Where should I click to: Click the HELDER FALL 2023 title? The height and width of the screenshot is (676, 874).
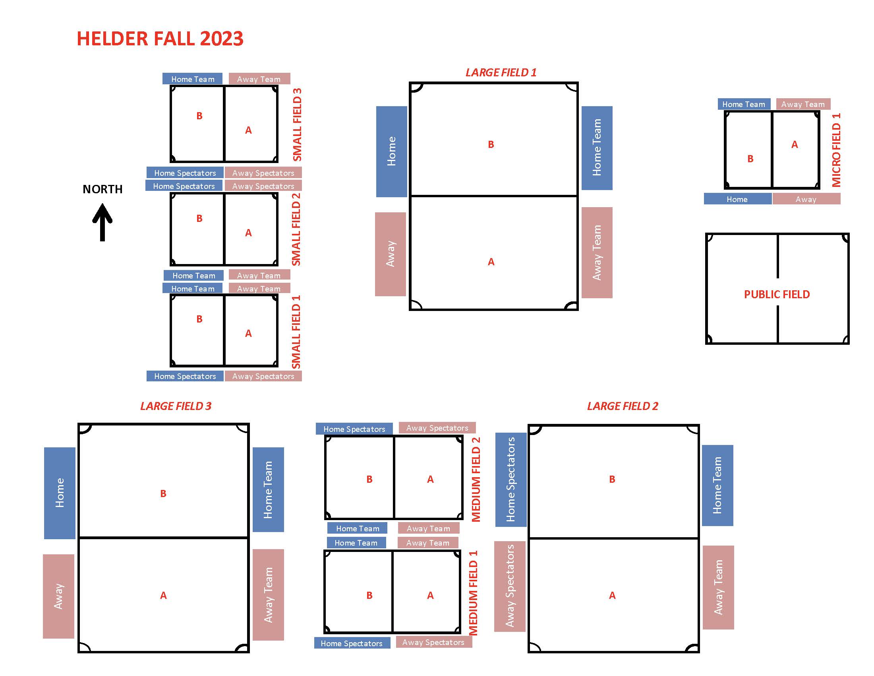[x=160, y=39]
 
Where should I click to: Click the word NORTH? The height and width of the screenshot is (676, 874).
[x=102, y=189]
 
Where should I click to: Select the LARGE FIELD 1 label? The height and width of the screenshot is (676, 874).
[x=501, y=72]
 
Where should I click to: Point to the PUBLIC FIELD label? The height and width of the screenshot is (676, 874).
[x=777, y=294]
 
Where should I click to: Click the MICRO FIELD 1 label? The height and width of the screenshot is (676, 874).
[x=836, y=150]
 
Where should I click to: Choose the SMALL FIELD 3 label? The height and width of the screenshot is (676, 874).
[x=297, y=124]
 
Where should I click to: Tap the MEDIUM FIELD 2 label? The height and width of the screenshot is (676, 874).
[x=476, y=480]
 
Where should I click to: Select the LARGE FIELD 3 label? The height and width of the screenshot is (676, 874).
[x=176, y=406]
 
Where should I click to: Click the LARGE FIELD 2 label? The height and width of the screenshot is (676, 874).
[x=622, y=406]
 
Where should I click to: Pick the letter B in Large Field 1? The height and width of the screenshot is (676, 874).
[x=491, y=145]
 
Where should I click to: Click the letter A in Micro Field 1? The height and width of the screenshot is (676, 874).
[x=795, y=145]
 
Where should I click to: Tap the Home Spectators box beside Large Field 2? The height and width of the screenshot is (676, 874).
[x=510, y=480]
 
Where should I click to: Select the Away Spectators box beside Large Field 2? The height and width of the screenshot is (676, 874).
[x=509, y=586]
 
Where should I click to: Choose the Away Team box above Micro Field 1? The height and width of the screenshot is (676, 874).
[x=803, y=104]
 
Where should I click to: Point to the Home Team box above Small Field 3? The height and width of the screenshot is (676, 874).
[x=193, y=79]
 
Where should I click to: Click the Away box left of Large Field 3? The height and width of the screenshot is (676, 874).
[x=58, y=596]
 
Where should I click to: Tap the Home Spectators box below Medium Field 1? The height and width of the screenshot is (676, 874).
[x=351, y=643]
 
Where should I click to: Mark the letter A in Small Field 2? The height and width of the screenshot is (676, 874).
[x=249, y=233]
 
